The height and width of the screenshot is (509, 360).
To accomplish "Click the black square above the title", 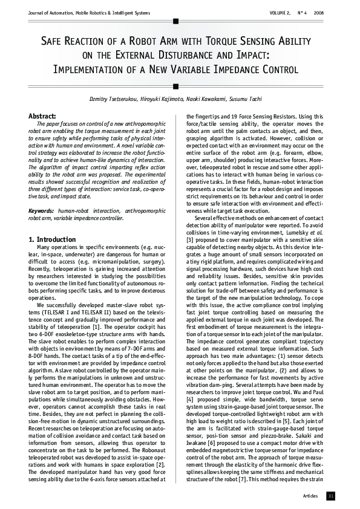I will pos(175,21).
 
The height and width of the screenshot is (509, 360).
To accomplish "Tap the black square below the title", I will pos(175,86).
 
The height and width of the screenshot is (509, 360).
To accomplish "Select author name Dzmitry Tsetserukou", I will pos(115,98).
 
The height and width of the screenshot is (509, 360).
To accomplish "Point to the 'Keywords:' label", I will pos(42,210).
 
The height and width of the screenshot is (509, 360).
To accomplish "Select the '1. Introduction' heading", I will pos(52,239).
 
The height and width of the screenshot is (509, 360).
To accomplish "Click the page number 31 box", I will pos(330,496).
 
